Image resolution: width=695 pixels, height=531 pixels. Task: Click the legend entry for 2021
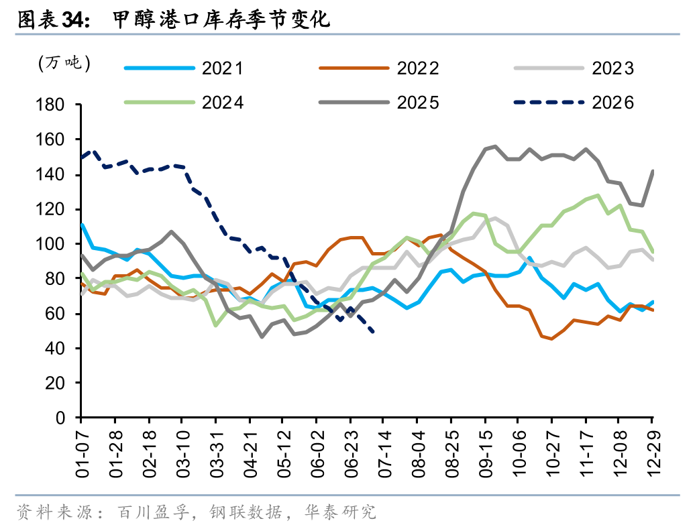pos(184,68)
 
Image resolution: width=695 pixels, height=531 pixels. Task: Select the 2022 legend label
pos(379,68)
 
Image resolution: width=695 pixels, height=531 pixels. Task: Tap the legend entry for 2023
pos(574,68)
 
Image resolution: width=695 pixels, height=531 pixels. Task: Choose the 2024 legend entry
pos(184,103)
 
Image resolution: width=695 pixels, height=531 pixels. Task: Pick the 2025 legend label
pos(379,103)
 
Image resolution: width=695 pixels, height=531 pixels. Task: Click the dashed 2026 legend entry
pos(574,103)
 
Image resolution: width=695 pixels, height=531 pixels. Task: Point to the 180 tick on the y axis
pos(50,105)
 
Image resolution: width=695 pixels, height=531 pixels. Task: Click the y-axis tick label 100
pos(50,244)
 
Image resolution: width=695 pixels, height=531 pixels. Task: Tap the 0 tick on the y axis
pos(60,418)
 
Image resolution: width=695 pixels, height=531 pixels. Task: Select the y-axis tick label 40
pos(55,349)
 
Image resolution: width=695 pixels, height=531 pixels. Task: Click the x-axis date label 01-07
pos(83,454)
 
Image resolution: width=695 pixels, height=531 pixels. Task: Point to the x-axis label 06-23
pos(352,454)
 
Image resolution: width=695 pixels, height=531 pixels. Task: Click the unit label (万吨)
pos(64,63)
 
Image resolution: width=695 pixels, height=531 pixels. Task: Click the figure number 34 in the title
pos(73,20)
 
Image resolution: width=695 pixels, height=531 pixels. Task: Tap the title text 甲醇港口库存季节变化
pos(221,20)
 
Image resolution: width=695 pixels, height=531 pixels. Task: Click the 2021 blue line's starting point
pos(82,225)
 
